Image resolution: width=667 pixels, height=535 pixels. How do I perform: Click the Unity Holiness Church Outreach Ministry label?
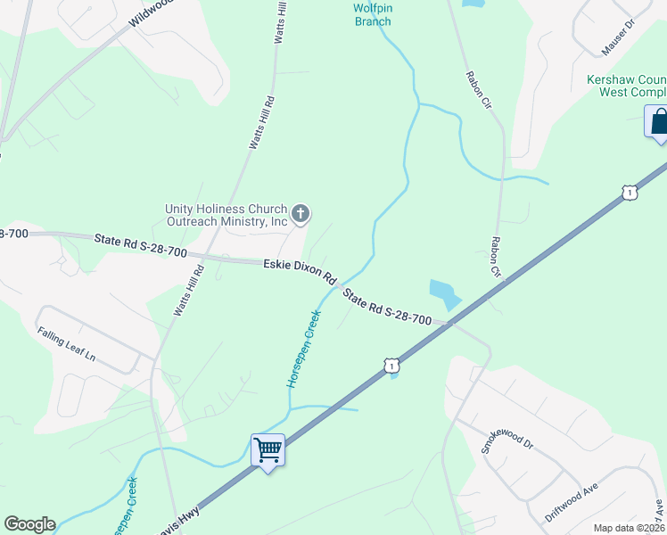coord(226,215)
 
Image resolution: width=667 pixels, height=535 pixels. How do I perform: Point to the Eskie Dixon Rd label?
coord(299,269)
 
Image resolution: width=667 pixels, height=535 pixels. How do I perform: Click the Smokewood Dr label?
coord(506,445)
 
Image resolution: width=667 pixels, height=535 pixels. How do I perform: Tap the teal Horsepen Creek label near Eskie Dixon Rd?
coord(303,348)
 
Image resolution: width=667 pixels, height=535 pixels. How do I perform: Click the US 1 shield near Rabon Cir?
coord(630,192)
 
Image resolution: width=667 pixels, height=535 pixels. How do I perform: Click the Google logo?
coord(29,524)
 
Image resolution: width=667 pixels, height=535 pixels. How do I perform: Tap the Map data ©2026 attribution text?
coord(629,528)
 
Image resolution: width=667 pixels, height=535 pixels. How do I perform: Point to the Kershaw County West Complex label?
coord(626,86)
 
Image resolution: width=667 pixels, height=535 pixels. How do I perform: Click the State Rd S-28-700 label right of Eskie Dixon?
coord(388,308)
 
